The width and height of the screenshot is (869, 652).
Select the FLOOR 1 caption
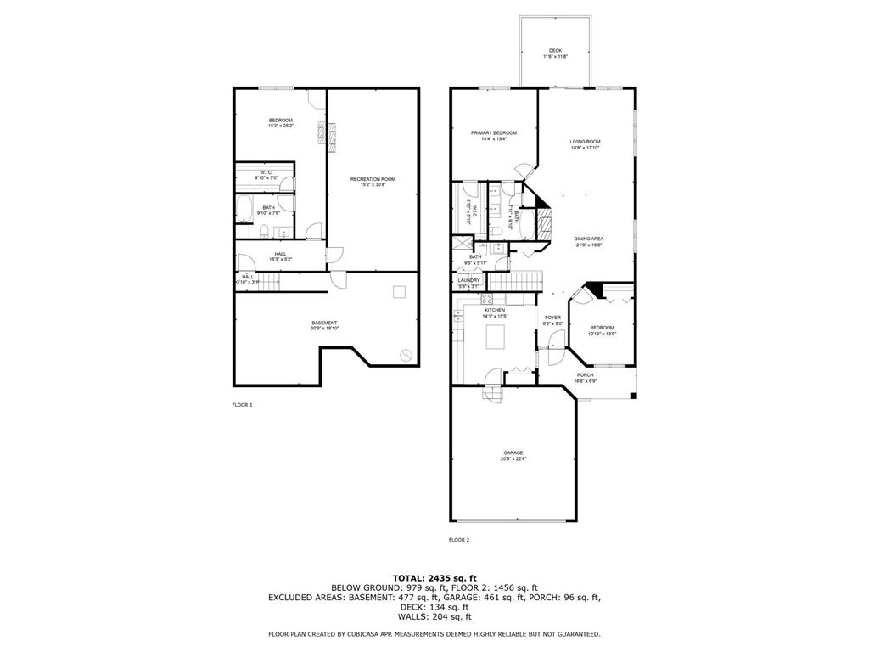pos(243,405)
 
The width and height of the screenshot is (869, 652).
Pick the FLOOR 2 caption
pos(459,540)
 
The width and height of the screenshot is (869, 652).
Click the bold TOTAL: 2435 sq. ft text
pos(434,578)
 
